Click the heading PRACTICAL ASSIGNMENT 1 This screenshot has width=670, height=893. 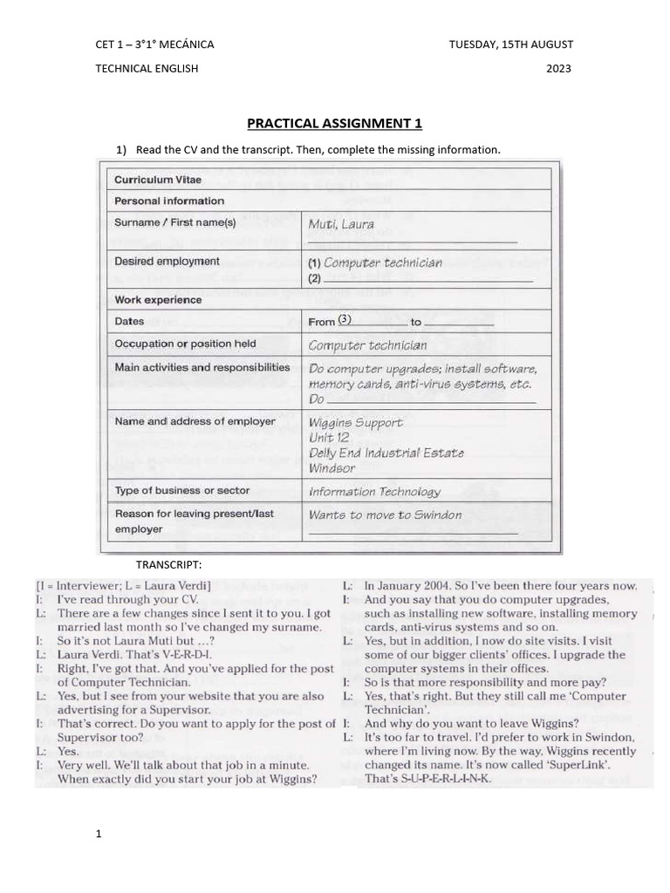[x=334, y=123]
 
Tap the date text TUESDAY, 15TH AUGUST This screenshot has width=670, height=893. [x=510, y=44]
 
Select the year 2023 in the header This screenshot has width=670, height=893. [x=558, y=69]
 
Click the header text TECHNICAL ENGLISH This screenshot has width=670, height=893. [x=147, y=69]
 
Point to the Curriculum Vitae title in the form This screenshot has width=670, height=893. [x=158, y=180]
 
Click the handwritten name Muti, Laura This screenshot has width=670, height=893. [x=341, y=224]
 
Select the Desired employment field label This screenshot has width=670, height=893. [x=167, y=261]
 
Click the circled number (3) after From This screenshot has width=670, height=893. [x=345, y=320]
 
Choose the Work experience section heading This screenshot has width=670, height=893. [x=158, y=299]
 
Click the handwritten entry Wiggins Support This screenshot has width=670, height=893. [x=356, y=422]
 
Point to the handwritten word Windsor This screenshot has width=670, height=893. [x=332, y=468]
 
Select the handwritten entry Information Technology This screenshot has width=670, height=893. [x=375, y=492]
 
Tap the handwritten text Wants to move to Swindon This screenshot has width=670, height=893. [x=385, y=515]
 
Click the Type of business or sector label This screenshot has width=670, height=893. [x=182, y=490]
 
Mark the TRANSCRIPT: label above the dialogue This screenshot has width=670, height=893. [x=168, y=564]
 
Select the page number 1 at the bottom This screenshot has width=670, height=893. [x=99, y=835]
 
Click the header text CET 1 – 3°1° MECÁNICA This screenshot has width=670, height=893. [x=154, y=44]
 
